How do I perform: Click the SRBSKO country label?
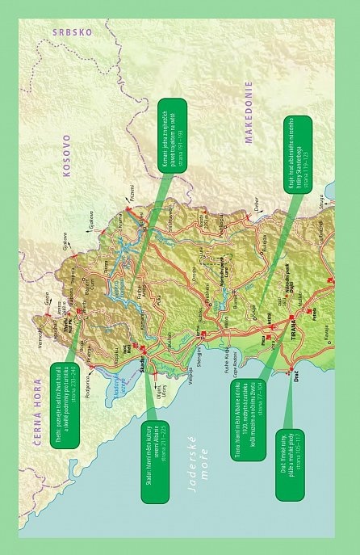click(73, 33)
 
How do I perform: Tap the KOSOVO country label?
click(68, 155)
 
